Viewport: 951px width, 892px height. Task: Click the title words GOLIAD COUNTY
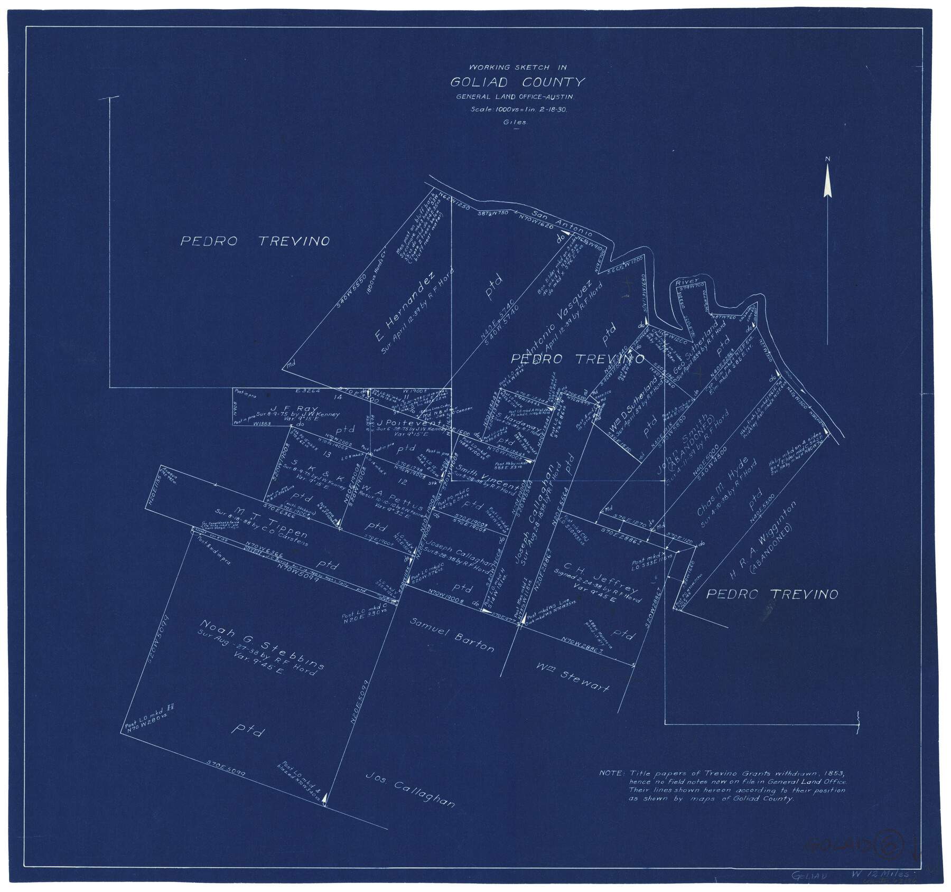point(517,82)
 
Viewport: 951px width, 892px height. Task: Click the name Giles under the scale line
point(515,122)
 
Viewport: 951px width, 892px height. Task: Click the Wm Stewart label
point(572,678)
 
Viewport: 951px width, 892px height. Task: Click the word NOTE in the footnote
point(612,773)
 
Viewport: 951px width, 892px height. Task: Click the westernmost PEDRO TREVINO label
point(255,241)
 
